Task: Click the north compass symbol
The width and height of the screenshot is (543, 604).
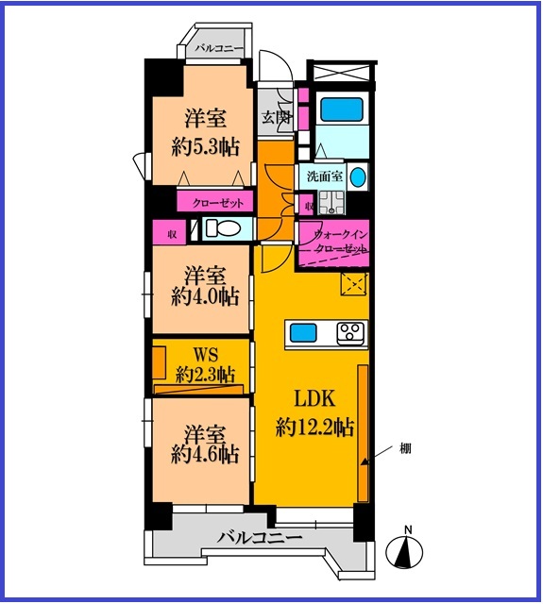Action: (404, 547)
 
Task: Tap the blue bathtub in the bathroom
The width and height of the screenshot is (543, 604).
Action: (342, 109)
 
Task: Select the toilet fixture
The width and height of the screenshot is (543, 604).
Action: (221, 228)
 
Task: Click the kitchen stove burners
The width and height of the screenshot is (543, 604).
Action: (350, 333)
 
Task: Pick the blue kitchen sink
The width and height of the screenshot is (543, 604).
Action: (303, 333)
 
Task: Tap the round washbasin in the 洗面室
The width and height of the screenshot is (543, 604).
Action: (358, 176)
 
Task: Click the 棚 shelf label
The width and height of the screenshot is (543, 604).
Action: (405, 448)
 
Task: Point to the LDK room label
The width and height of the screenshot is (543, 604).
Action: (314, 399)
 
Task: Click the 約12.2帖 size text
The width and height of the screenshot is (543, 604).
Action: (314, 427)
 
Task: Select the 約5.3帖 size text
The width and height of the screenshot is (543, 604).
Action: (205, 147)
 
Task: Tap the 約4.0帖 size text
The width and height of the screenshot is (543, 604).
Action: (205, 297)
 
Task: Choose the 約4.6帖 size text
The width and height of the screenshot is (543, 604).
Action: (204, 455)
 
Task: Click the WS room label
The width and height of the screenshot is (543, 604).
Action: (206, 354)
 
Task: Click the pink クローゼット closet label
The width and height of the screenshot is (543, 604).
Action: (218, 203)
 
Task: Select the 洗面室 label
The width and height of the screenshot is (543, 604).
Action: (325, 176)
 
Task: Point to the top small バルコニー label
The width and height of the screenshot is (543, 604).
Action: (219, 49)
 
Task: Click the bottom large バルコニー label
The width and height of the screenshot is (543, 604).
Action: (259, 537)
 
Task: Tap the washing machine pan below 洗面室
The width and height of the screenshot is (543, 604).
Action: (331, 202)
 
